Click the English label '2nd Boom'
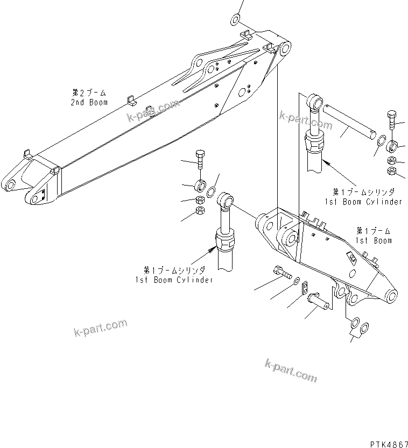(90, 102)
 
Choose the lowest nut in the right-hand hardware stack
(392, 172)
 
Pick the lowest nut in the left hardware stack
(199, 210)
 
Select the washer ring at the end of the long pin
(379, 141)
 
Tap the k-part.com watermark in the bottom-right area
(291, 371)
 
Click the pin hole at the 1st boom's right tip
(392, 295)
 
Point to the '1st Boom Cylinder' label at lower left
(173, 275)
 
